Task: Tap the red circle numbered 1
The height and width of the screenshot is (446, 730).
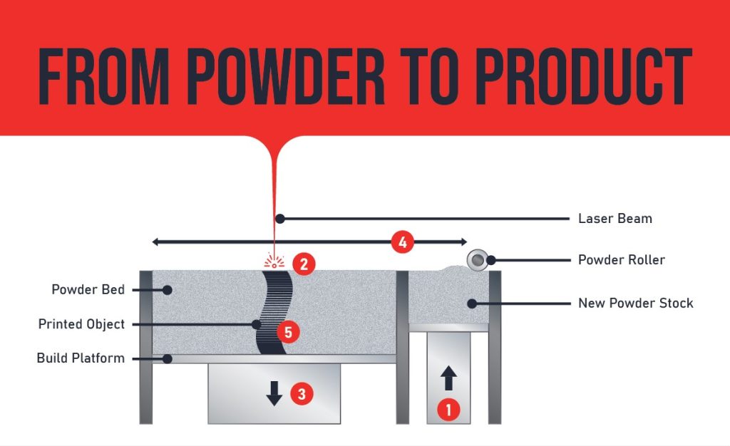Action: pyautogui.click(x=448, y=409)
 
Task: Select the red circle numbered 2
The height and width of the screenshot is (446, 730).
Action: pyautogui.click(x=304, y=264)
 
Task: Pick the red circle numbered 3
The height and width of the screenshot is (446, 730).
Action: pyautogui.click(x=302, y=393)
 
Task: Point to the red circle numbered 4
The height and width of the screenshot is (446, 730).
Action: pyautogui.click(x=402, y=242)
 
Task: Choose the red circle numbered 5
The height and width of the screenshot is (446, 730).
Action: pyautogui.click(x=287, y=331)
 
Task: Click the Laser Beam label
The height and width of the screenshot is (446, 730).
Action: pyautogui.click(x=615, y=218)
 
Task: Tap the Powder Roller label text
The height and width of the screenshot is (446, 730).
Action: pyautogui.click(x=621, y=259)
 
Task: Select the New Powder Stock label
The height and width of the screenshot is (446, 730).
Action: pyautogui.click(x=635, y=303)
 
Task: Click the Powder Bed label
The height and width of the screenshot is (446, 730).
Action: pyautogui.click(x=88, y=289)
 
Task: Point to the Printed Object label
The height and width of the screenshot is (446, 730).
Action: pyautogui.click(x=81, y=324)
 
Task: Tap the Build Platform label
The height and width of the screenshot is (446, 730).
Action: pyautogui.click(x=81, y=358)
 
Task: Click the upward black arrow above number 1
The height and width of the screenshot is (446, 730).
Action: pyautogui.click(x=448, y=378)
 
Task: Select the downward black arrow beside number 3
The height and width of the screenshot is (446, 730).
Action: pyautogui.click(x=274, y=393)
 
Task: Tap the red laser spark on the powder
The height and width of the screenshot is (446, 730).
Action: pyautogui.click(x=274, y=261)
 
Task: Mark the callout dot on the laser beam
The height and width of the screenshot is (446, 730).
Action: pyautogui.click(x=280, y=218)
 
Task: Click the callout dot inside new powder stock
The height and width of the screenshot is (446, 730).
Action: pyautogui.click(x=471, y=303)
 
